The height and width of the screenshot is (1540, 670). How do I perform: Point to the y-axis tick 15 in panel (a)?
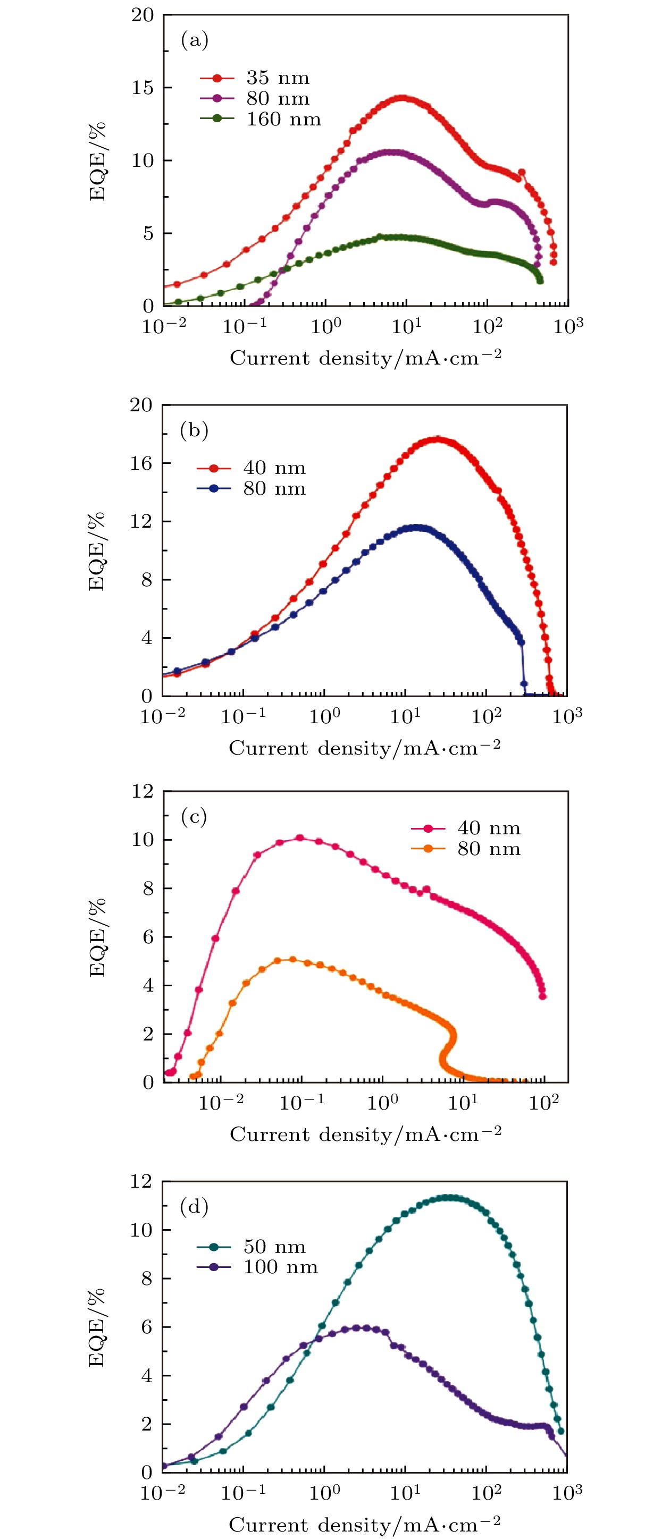143,88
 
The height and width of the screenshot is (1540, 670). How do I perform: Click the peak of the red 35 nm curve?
403,98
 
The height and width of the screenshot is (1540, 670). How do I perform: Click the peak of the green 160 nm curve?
383,238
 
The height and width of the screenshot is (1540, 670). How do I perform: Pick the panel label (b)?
194,430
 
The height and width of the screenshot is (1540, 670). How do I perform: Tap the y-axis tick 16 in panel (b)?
142,463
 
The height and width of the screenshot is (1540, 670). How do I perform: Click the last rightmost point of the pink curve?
542,996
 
